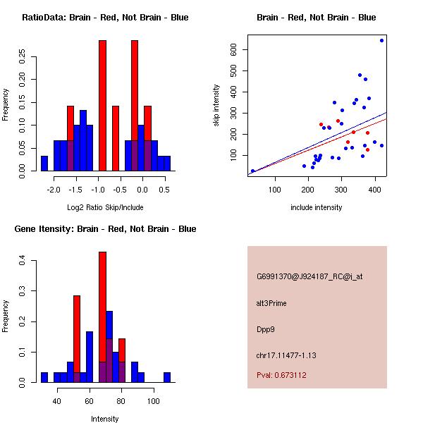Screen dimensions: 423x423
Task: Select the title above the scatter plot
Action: tap(316, 18)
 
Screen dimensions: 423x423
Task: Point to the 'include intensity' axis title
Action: tap(316, 207)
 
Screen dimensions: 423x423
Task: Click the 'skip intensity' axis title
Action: tap(216, 106)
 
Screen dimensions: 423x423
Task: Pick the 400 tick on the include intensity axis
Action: tap(275, 188)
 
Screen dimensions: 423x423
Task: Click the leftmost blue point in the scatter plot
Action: tap(252, 171)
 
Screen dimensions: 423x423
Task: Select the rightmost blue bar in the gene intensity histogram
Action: tap(167, 377)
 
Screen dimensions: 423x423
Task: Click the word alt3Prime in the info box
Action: tap(271, 303)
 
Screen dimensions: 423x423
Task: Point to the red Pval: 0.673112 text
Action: tap(281, 375)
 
